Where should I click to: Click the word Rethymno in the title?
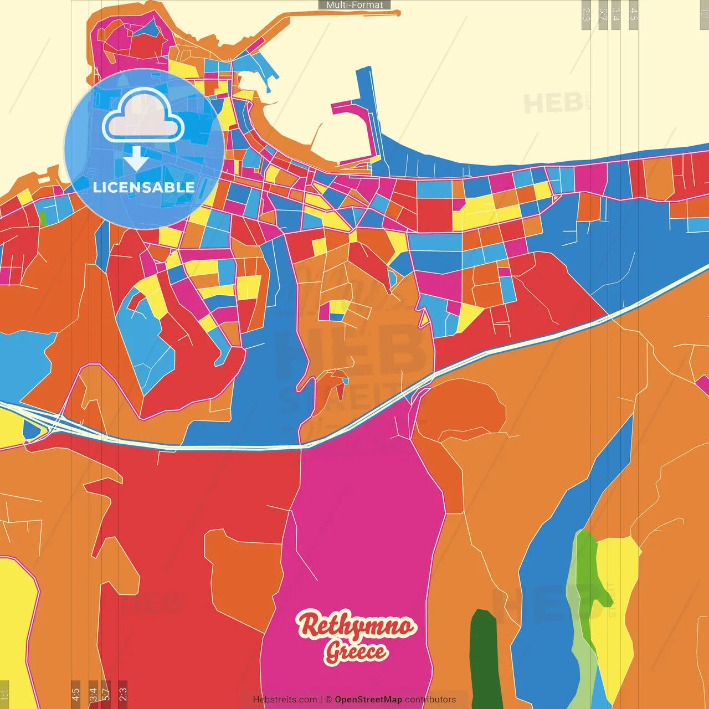point(356,625)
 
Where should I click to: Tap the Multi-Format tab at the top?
point(354,5)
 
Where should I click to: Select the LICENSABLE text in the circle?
point(143,187)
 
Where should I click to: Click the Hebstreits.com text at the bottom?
point(285,700)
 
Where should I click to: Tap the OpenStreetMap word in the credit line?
point(368,700)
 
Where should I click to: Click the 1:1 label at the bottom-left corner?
point(4,695)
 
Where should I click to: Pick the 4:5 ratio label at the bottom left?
point(75,694)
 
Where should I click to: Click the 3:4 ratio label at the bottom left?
point(93,694)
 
